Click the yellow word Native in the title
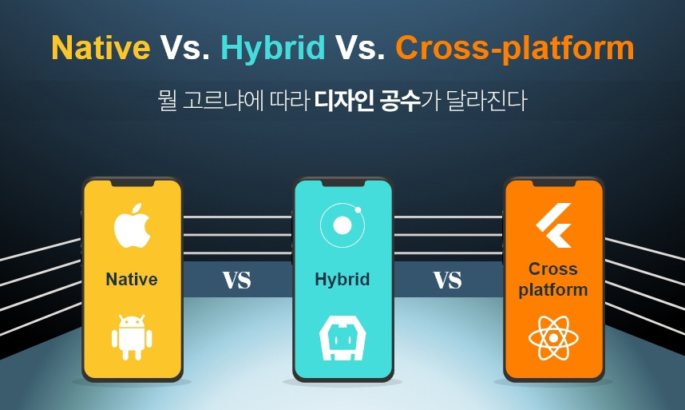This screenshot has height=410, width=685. [x=101, y=47]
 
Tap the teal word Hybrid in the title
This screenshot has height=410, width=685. [x=273, y=47]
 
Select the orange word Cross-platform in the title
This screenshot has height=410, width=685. [x=515, y=48]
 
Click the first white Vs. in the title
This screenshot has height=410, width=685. [x=184, y=47]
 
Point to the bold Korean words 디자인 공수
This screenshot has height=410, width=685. [x=368, y=101]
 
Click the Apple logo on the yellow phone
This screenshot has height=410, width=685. [x=132, y=225]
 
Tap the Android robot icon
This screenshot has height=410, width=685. [x=132, y=337]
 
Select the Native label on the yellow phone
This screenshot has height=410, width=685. [x=132, y=279]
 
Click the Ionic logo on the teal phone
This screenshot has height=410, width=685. [x=342, y=225]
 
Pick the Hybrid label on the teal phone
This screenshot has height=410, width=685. [x=342, y=280]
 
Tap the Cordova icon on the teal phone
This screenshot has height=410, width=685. [x=342, y=338]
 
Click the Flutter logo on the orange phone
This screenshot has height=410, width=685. [x=554, y=225]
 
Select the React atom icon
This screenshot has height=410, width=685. [x=553, y=338]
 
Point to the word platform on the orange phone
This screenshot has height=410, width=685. [x=553, y=290]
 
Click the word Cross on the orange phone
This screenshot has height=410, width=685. [x=553, y=269]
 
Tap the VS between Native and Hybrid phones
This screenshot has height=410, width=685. [x=237, y=281]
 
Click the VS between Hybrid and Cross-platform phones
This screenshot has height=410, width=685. [x=447, y=281]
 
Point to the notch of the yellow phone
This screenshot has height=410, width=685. [x=132, y=183]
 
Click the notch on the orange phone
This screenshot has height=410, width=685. [x=553, y=183]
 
